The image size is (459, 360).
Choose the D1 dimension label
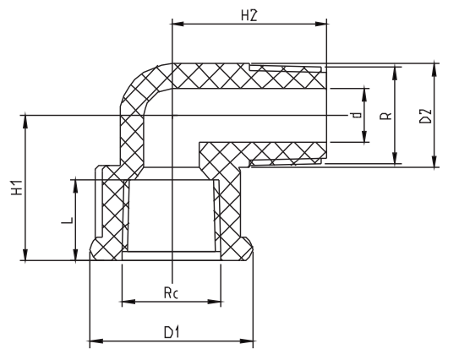click(x=172, y=332)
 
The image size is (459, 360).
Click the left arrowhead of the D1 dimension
click(x=95, y=341)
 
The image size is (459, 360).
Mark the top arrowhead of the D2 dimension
click(x=434, y=66)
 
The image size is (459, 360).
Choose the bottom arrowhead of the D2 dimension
click(x=434, y=162)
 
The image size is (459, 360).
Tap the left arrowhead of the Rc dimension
click(x=127, y=301)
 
